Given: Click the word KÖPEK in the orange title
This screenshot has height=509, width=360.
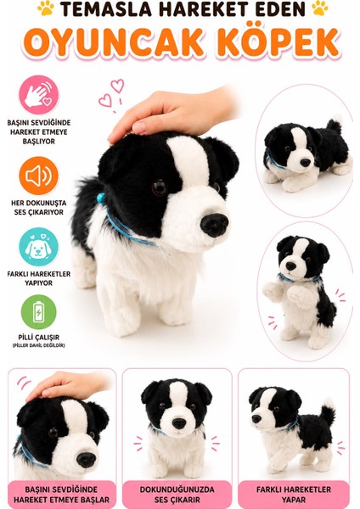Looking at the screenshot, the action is [279, 43].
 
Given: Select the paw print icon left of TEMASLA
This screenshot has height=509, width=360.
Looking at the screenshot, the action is [46, 8].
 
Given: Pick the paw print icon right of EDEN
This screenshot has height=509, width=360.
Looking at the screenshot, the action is [320, 8].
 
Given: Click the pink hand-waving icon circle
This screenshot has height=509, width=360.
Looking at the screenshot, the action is [39, 95].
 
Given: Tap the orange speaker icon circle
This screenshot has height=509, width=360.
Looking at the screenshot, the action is [39, 176].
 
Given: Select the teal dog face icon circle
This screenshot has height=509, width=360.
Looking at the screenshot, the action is [39, 247].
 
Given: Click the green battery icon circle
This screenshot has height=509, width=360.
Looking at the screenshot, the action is [39, 312].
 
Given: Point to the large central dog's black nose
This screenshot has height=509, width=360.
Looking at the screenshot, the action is [215, 225].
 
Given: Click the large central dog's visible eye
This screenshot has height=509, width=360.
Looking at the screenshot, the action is [160, 187].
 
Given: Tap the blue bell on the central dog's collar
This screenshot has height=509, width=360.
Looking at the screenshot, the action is [102, 198].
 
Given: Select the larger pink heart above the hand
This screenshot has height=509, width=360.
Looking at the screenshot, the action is [117, 86].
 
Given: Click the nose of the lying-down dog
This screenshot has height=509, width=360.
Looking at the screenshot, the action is [305, 162].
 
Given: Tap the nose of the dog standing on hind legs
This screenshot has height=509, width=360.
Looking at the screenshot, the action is [290, 266].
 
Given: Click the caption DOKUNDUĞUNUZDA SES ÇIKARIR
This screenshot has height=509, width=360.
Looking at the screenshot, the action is [177, 495].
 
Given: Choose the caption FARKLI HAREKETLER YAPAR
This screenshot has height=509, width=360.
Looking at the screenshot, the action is [294, 495].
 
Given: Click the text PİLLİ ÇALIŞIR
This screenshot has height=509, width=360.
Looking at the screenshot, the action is [39, 338].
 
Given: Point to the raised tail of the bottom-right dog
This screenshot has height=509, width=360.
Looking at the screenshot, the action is [328, 411].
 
